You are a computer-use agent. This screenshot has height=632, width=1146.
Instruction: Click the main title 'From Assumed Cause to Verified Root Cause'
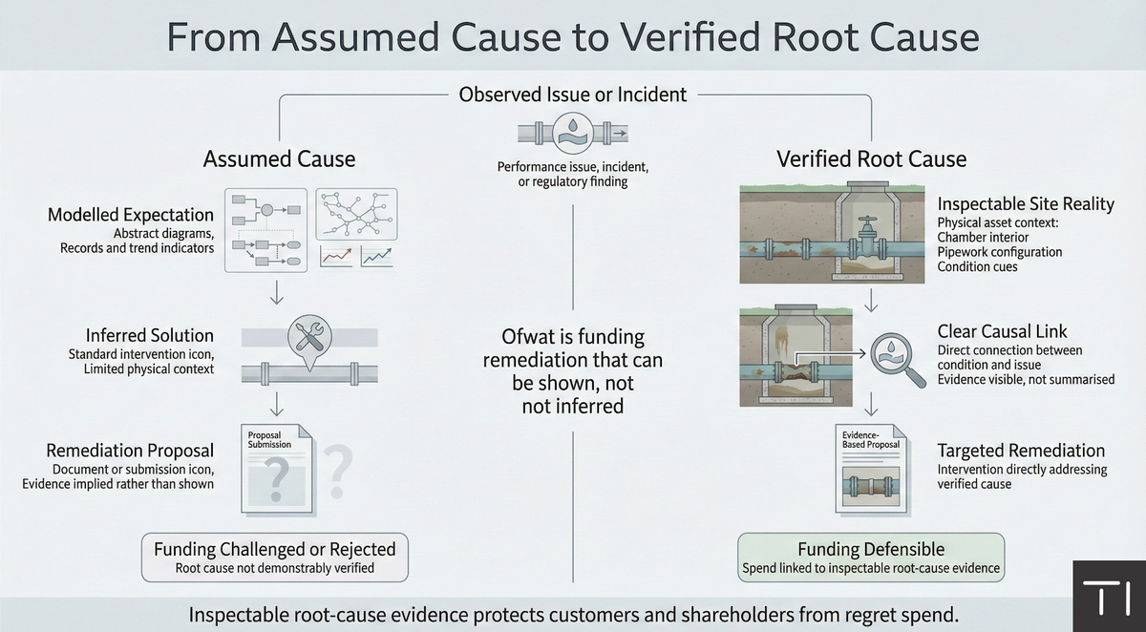click(x=573, y=36)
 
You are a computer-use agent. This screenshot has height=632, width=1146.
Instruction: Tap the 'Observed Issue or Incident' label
click(x=573, y=95)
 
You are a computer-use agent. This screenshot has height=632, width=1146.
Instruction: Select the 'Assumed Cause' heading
click(x=279, y=158)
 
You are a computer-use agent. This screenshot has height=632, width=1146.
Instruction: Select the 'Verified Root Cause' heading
click(x=871, y=158)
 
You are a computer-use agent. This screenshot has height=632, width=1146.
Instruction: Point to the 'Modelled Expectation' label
click(x=131, y=215)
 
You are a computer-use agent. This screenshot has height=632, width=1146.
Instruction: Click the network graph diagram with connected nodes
click(x=356, y=214)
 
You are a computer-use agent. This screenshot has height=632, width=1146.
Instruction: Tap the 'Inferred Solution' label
click(x=149, y=335)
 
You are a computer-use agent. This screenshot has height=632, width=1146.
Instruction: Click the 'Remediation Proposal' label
click(x=130, y=451)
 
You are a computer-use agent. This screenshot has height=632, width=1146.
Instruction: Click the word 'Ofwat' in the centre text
click(x=530, y=337)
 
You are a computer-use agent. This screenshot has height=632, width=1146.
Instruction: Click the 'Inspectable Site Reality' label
click(x=1026, y=205)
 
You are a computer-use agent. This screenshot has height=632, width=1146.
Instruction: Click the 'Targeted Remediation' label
click(x=1021, y=451)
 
